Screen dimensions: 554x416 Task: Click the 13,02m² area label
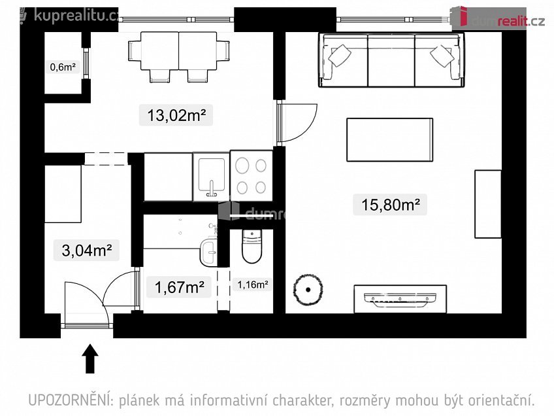[x=176, y=115]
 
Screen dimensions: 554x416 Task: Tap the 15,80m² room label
[x=390, y=205]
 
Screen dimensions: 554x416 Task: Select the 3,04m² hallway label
[x=86, y=250]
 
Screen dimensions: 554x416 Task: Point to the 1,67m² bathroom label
[x=179, y=287]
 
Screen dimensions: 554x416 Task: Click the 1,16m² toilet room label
[x=252, y=284]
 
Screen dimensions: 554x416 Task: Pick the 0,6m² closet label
[x=63, y=67]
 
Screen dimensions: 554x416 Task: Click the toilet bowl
[x=252, y=247]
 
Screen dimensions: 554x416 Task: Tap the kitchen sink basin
[x=211, y=175]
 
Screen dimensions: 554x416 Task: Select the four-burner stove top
[x=252, y=176]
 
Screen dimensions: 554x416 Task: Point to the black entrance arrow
[x=90, y=358]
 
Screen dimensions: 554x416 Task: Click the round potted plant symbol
[x=308, y=290]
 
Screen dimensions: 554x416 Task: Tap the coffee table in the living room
[x=390, y=140]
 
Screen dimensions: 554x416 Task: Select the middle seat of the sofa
[x=391, y=60]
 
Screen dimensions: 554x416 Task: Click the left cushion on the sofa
[x=340, y=56]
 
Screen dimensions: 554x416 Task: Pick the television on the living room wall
[x=400, y=298]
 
